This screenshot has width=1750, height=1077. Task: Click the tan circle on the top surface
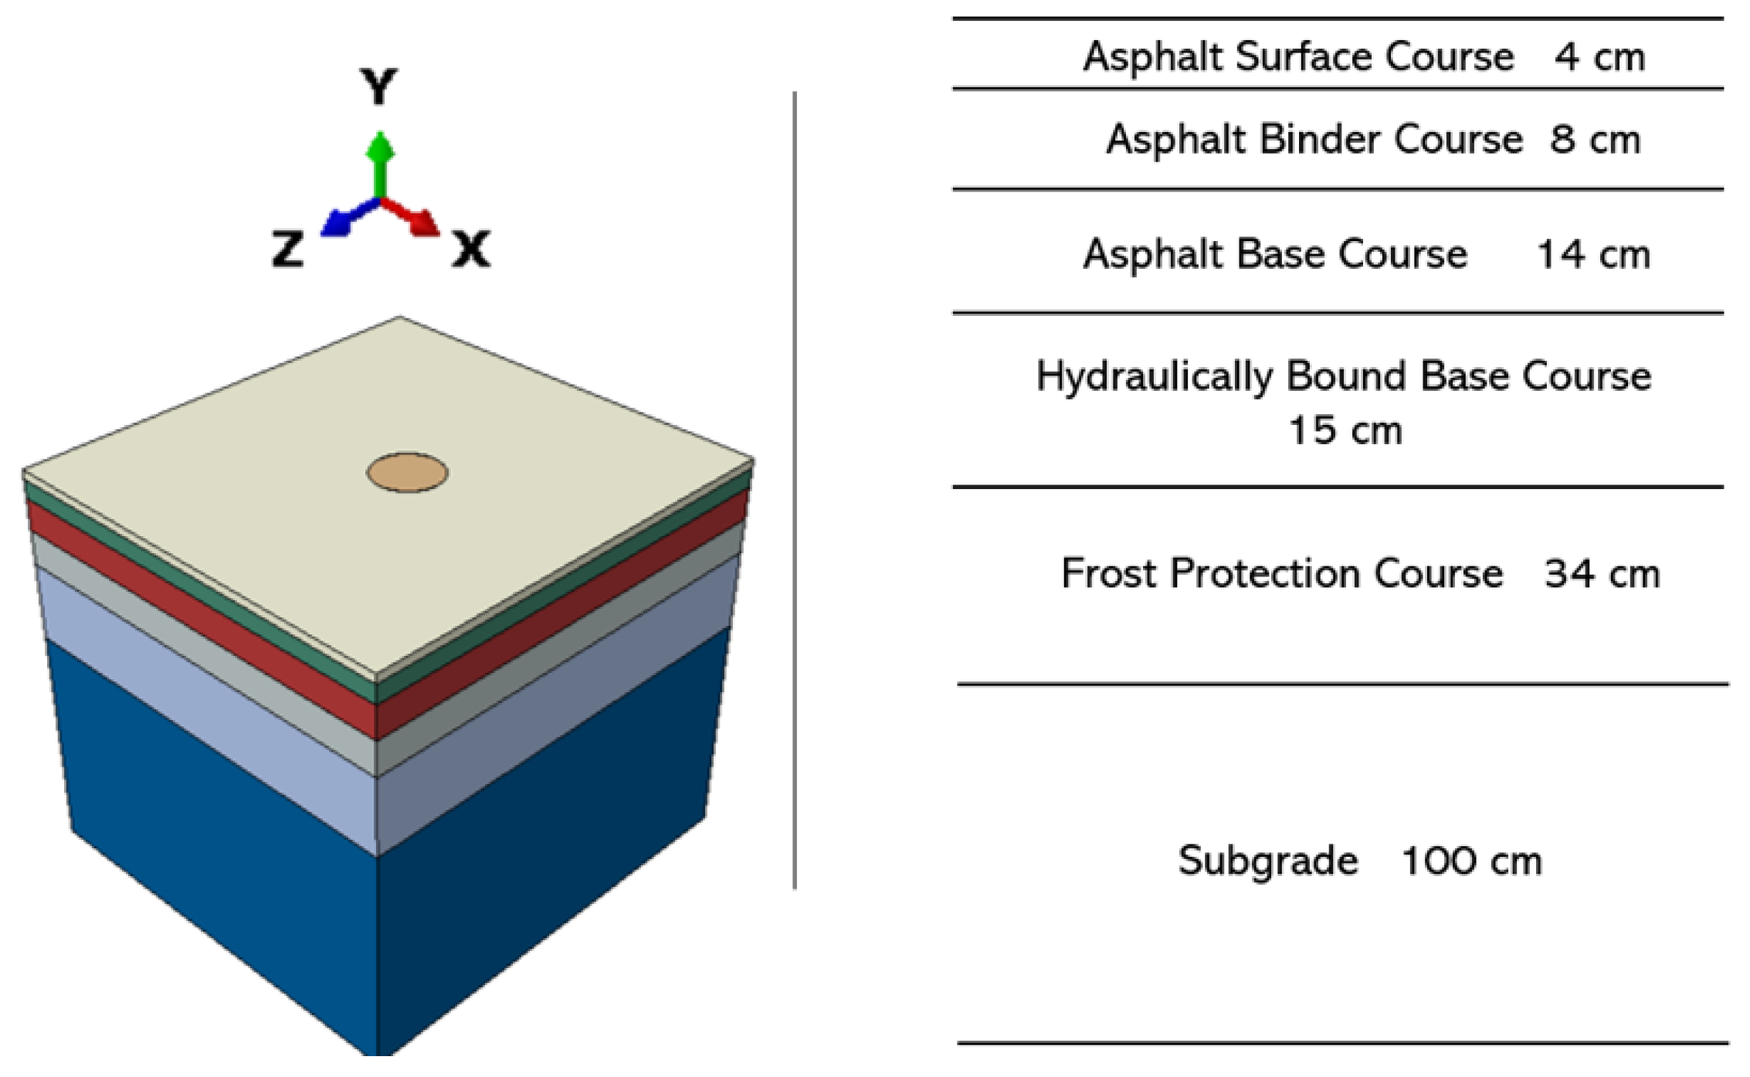407,473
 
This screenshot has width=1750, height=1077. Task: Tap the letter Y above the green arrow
378,87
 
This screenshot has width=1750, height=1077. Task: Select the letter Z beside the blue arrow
287,250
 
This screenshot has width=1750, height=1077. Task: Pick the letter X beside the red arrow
470,250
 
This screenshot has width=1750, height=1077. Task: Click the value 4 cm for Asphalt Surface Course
1599,57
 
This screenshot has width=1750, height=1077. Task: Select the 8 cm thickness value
1595,140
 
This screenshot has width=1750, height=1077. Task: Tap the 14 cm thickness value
1593,254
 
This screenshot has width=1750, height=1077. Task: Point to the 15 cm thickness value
1345,430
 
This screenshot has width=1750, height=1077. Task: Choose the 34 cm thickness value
1601,574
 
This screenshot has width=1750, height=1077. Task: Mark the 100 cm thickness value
1470,861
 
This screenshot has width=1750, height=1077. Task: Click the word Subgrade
1267,861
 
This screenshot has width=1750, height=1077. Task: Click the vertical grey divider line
794,491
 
